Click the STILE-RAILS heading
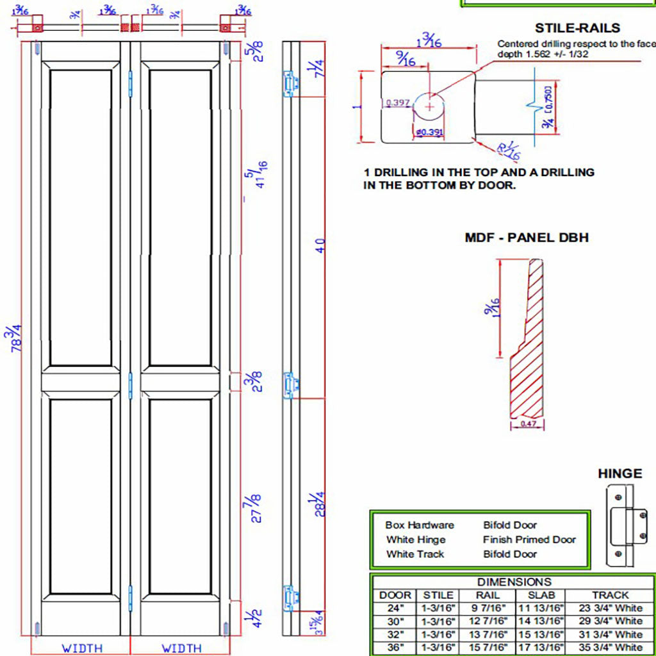click(577, 28)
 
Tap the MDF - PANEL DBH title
click(527, 238)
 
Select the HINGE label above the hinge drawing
click(619, 474)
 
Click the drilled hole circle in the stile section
click(429, 106)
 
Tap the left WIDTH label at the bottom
click(81, 648)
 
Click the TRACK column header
click(610, 595)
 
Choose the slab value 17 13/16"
click(541, 648)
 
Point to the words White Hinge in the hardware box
click(416, 539)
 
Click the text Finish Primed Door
click(529, 539)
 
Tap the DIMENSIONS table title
click(514, 582)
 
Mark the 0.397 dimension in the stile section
click(395, 102)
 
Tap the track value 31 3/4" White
click(610, 634)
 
